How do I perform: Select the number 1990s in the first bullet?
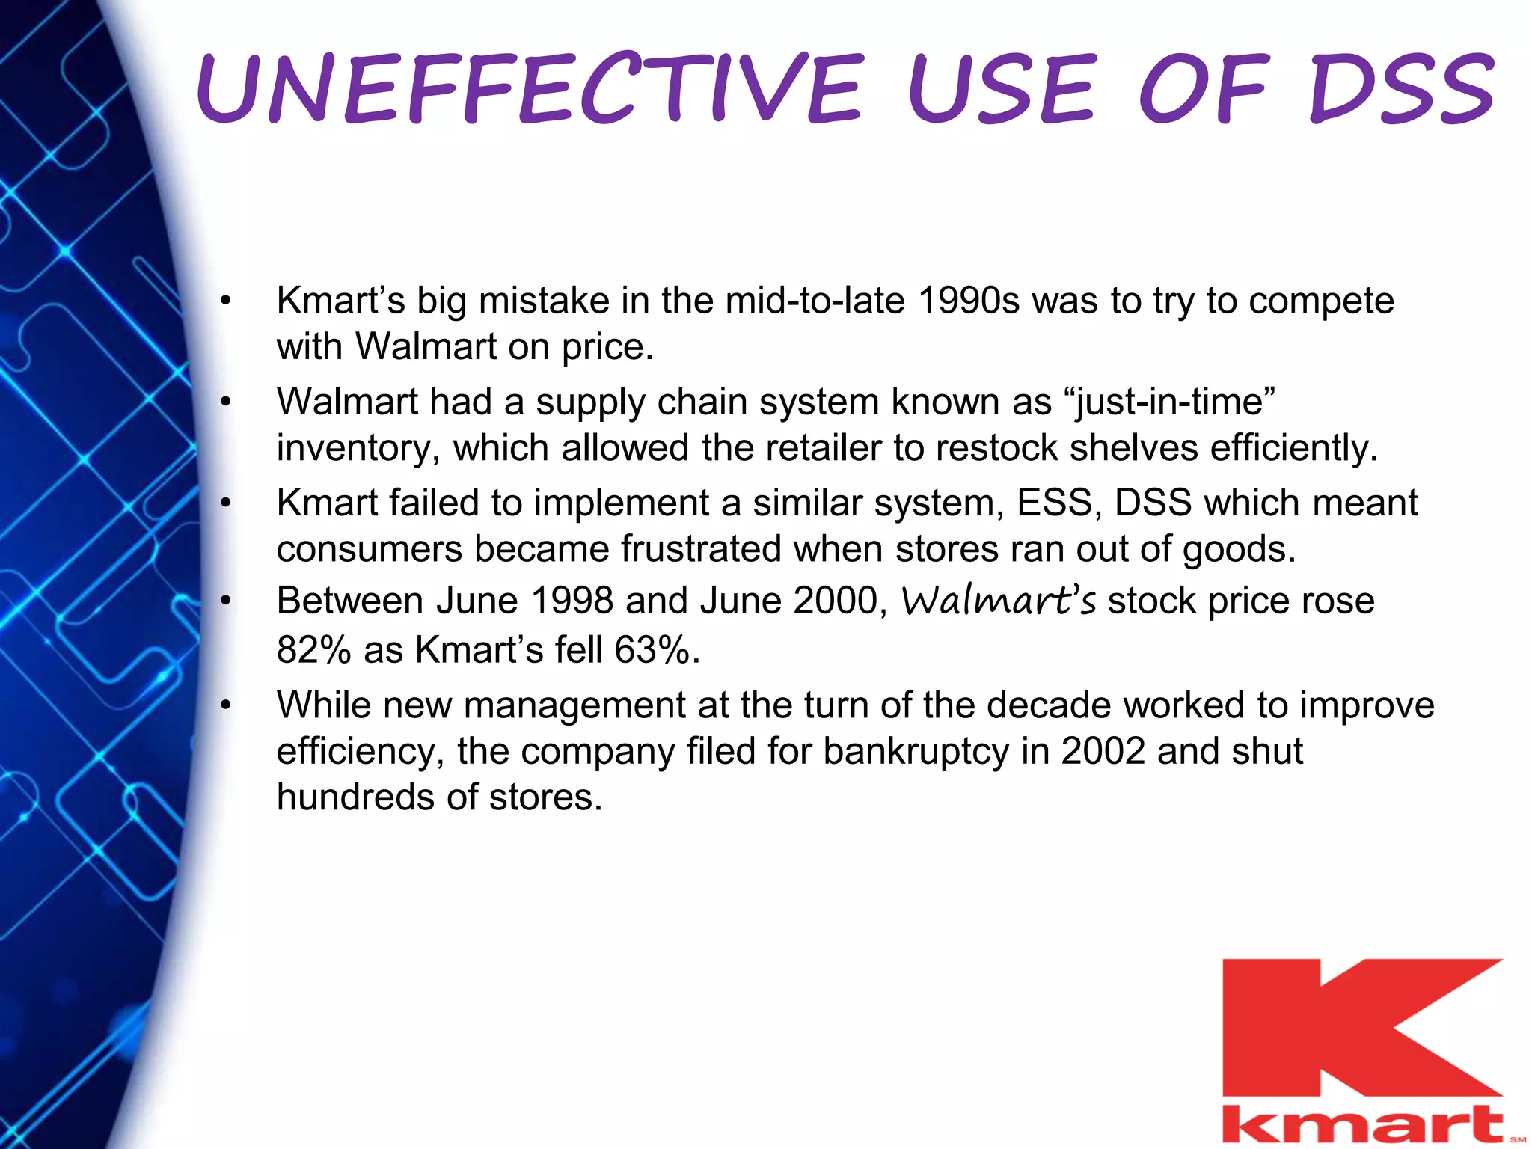[968, 301]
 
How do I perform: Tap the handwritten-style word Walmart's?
[999, 601]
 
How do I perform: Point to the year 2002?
[1103, 751]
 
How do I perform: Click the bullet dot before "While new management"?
[226, 705]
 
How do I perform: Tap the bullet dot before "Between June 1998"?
[226, 601]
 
